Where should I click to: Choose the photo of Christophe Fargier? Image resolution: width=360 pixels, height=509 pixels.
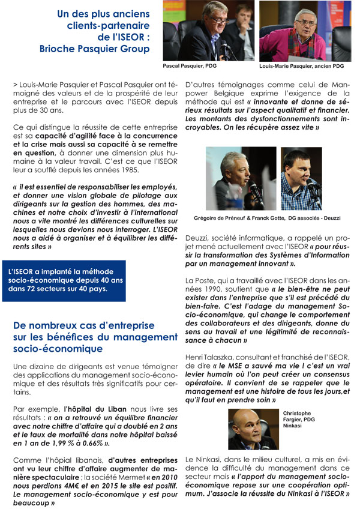(253, 430)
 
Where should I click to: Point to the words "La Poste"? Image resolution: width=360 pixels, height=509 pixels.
(201, 280)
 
